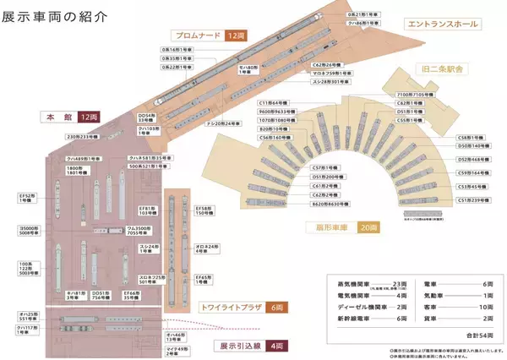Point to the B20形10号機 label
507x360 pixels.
275,128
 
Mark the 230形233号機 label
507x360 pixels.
84,135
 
